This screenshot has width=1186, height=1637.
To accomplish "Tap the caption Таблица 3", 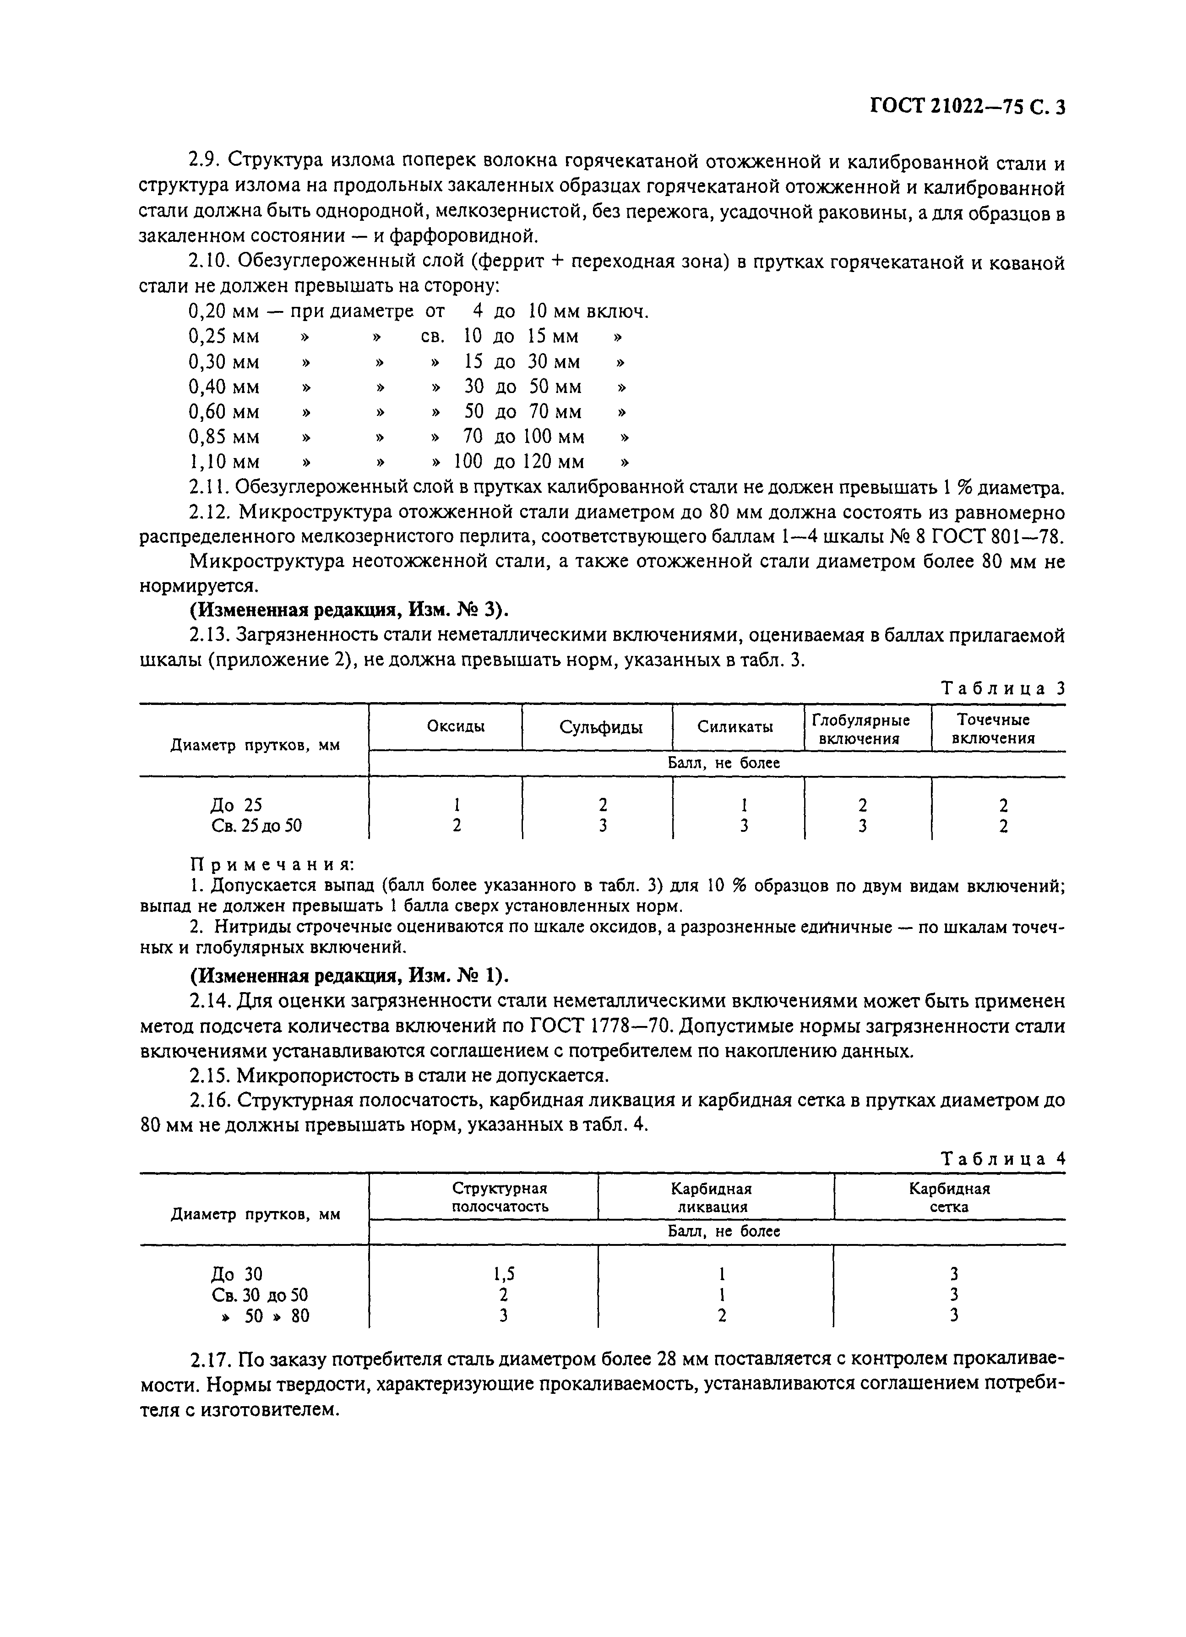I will pyautogui.click(x=1003, y=688).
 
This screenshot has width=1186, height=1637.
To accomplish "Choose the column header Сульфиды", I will pyautogui.click(x=601, y=727).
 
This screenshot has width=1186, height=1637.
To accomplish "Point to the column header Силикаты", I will pyautogui.click(x=735, y=727).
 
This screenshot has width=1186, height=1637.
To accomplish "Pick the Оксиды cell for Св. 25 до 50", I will pyautogui.click(x=456, y=825).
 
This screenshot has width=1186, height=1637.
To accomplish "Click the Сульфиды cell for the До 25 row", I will pyautogui.click(x=602, y=805).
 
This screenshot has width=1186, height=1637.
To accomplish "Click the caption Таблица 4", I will pyautogui.click(x=1003, y=1158).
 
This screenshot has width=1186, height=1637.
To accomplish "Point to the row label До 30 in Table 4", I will pyautogui.click(x=236, y=1274).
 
